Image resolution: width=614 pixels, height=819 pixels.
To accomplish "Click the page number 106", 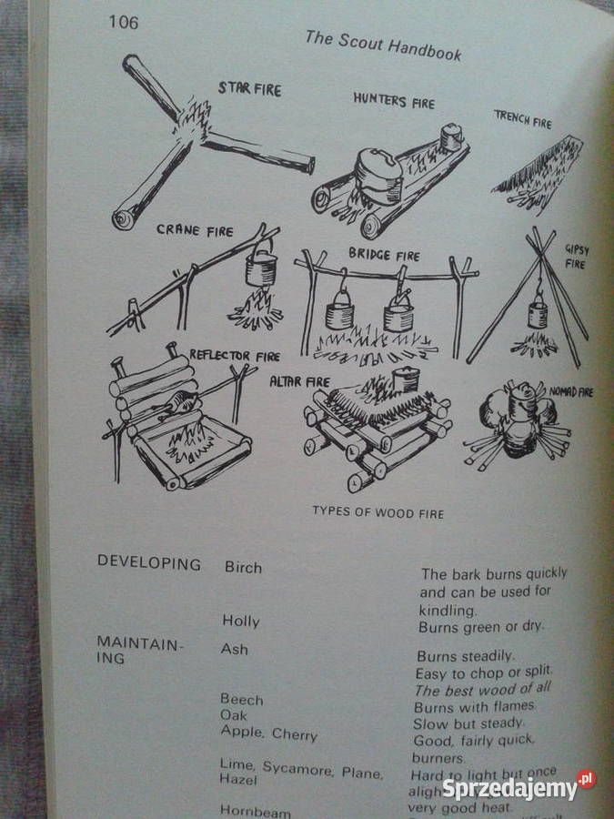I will tap(123, 22).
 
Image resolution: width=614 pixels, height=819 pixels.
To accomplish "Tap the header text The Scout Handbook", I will tap(382, 45).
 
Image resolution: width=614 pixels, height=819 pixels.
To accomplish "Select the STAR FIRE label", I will tap(249, 89).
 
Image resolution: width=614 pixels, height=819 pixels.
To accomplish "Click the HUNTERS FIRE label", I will tap(394, 100).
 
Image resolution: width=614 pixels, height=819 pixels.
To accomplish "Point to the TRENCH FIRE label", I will tap(523, 118).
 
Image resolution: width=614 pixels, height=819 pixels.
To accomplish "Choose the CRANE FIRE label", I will tap(195, 229).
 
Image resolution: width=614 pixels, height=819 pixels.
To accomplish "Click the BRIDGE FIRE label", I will tap(384, 256).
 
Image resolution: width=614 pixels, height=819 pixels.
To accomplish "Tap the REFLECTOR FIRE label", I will tap(235, 355).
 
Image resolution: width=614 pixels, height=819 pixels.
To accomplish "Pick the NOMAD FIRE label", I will tap(570, 392).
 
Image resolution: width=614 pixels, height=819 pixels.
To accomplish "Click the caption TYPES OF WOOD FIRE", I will tap(378, 513).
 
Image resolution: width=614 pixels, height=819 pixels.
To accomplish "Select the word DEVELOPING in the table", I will tap(149, 563).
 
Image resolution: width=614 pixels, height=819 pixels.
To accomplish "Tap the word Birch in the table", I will tap(243, 567).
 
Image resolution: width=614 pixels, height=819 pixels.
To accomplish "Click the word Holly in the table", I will tap(241, 622).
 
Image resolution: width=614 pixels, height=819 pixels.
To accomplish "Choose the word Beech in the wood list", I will tap(241, 699).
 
